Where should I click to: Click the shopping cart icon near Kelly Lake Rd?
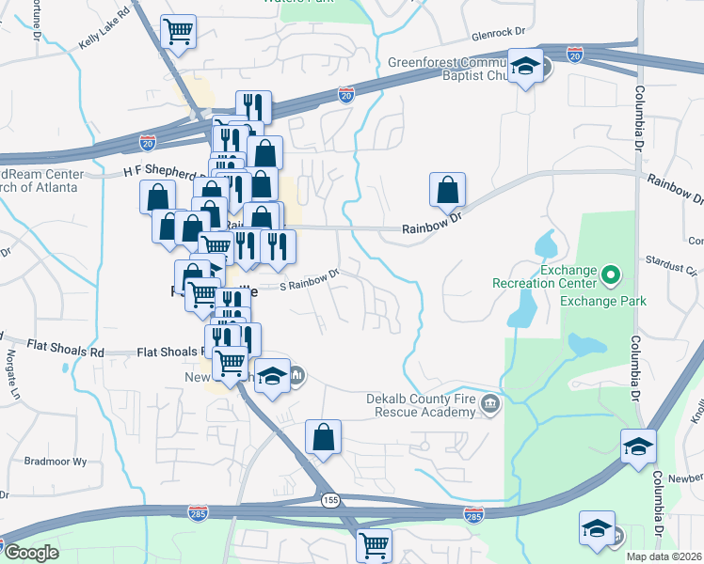(179, 32)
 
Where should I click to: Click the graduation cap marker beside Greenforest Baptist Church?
(525, 67)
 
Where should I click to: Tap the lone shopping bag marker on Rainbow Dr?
(447, 190)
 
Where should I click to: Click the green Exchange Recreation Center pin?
(610, 276)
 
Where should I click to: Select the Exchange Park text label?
(603, 301)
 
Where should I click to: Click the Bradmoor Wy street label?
(55, 462)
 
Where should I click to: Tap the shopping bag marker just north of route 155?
(323, 437)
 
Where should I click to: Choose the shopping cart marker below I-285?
(374, 544)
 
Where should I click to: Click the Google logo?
(31, 553)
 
